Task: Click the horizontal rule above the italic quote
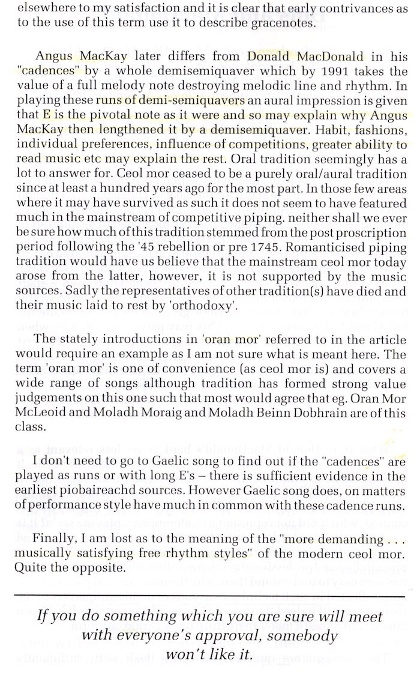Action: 209,596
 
